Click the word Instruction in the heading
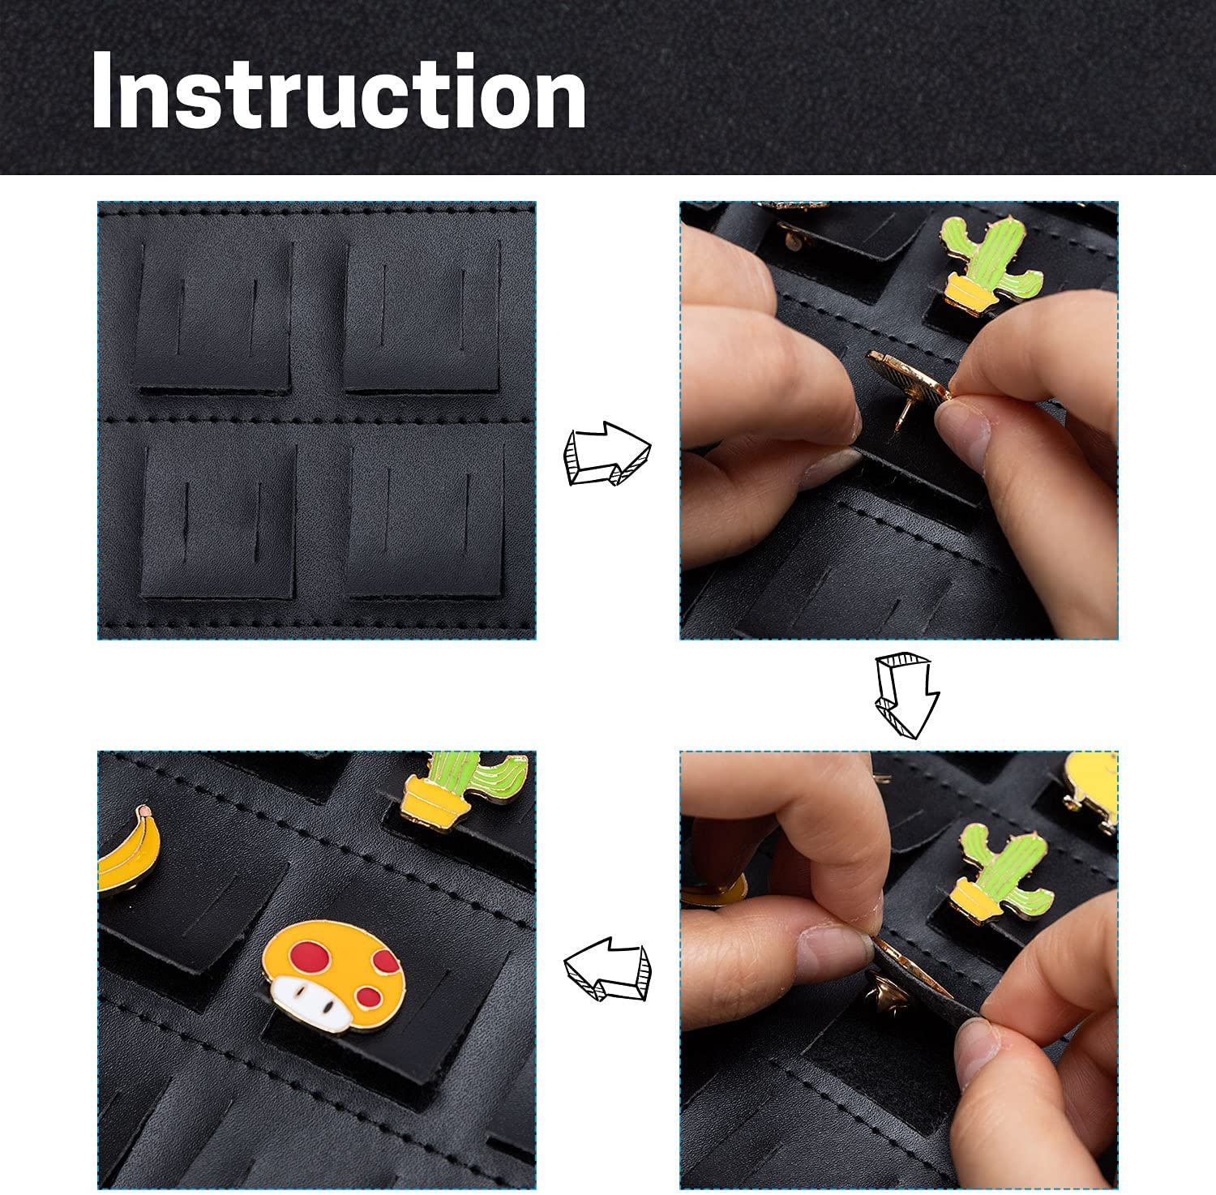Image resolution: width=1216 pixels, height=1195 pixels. [339, 91]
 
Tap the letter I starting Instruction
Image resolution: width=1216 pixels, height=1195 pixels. [102, 91]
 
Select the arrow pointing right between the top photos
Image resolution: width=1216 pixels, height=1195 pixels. [607, 452]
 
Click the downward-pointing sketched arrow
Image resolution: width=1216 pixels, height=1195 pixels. [906, 696]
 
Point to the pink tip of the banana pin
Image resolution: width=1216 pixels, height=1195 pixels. [144, 811]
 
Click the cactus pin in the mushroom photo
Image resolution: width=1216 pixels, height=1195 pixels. [465, 783]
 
